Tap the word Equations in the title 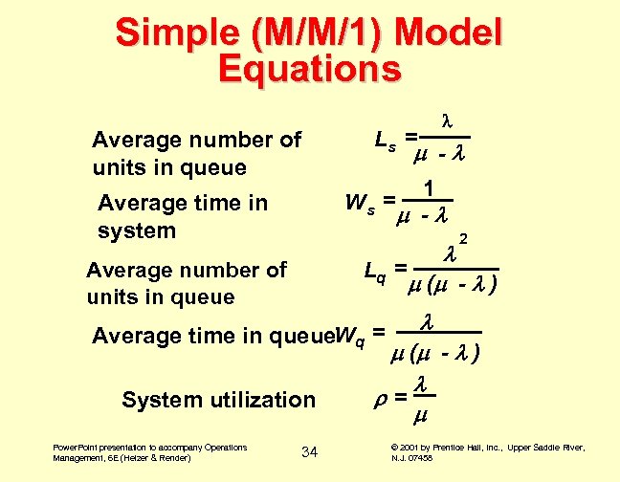click(x=309, y=69)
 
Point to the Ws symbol click(x=359, y=203)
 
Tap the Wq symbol click(x=351, y=335)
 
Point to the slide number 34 click(x=309, y=450)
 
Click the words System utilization click(x=218, y=400)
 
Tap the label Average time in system click(x=183, y=216)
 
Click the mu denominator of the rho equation click(x=419, y=417)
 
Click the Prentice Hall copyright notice click(x=489, y=452)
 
